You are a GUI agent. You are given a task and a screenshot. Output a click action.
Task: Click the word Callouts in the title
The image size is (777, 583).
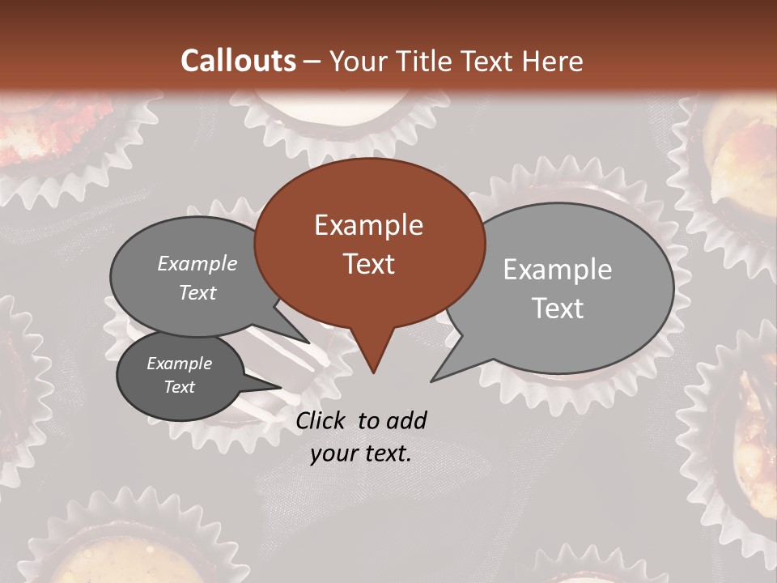(x=238, y=61)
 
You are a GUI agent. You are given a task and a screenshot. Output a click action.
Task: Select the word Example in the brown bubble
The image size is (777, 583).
(x=368, y=224)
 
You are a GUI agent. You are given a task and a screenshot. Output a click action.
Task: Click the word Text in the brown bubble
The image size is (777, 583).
(x=368, y=263)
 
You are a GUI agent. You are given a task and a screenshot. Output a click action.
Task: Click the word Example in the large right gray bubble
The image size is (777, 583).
(x=558, y=269)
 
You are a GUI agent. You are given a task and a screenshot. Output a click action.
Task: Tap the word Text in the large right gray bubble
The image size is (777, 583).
(x=558, y=308)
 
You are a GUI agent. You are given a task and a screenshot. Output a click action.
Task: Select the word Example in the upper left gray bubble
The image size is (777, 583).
(x=197, y=263)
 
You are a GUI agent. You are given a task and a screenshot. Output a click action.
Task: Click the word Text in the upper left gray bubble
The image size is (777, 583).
(x=197, y=292)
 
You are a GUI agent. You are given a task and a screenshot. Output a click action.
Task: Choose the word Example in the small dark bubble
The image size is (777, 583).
(x=179, y=364)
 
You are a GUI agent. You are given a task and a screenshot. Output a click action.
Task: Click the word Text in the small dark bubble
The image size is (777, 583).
(x=179, y=386)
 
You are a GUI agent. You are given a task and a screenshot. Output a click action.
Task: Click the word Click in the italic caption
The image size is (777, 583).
(x=322, y=420)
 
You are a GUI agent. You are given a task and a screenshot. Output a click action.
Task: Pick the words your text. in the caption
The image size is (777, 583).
(x=361, y=453)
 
